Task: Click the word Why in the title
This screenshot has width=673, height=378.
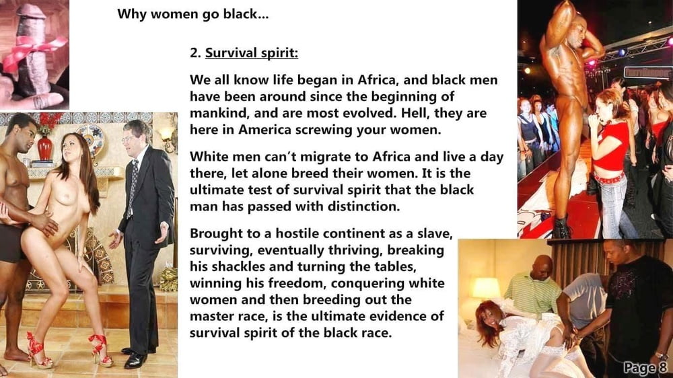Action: pyautogui.click(x=128, y=14)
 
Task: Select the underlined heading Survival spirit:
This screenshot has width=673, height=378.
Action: pyautogui.click(x=252, y=53)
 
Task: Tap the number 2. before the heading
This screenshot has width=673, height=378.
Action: pyautogui.click(x=195, y=52)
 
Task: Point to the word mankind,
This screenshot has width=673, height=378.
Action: pyautogui.click(x=220, y=114)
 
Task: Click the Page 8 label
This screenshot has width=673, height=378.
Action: pyautogui.click(x=645, y=368)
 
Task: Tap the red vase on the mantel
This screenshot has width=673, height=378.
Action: pyautogui.click(x=44, y=147)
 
